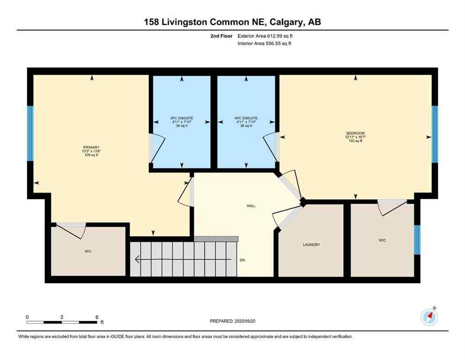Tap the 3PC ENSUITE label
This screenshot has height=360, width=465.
point(182,118)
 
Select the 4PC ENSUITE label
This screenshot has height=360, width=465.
point(246,118)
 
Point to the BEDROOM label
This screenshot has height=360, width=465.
point(355,133)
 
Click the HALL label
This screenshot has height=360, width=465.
point(251,206)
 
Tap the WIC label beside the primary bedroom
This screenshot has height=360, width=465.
point(88,252)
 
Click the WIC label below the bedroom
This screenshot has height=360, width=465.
point(382,240)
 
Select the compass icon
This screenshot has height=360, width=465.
point(429,317)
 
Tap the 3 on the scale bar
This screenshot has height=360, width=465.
point(62,317)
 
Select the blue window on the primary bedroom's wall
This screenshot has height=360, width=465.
point(30,133)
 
